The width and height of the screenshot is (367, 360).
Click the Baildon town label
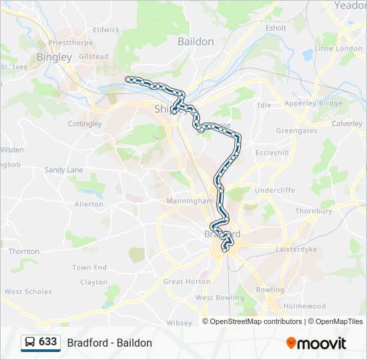pos(196,41)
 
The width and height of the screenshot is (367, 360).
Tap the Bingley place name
pos(54,57)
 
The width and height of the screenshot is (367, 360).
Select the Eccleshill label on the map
pos(272,152)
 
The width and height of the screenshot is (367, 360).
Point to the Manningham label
pos(190,201)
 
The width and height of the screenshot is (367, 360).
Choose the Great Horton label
pos(187,281)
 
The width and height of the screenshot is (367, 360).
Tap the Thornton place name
pos(24,251)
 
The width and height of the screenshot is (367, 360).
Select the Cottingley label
pos(85,124)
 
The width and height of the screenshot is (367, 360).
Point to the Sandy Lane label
pos(64,170)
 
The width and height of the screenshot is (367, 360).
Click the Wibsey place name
pos(179,323)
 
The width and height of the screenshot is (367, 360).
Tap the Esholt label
pos(276,28)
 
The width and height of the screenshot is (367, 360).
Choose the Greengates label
pos(297,131)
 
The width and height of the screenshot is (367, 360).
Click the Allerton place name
pos(89,204)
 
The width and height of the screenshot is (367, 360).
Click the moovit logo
pos(316,343)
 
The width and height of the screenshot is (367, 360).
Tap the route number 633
pos(47,342)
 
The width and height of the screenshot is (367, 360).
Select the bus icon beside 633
pos(30,343)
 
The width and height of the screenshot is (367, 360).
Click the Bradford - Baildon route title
pos(109,343)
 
